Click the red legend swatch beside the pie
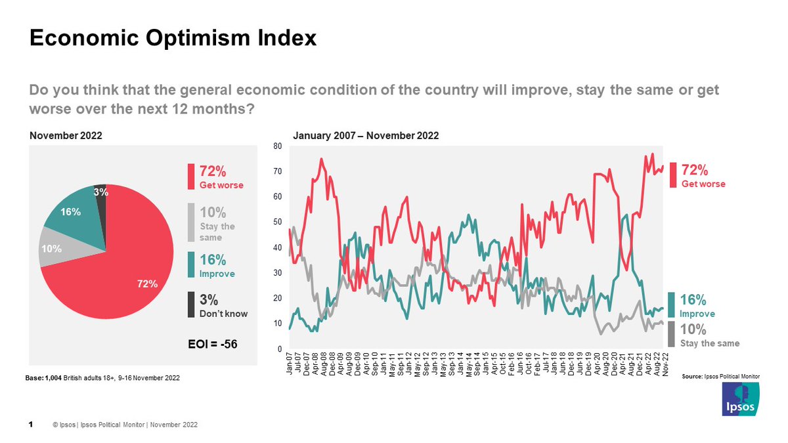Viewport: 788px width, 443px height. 192,176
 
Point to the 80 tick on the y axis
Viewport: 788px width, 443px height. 278,146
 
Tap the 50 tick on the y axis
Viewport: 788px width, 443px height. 278,222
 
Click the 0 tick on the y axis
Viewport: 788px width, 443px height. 280,348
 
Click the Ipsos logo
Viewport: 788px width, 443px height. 741,399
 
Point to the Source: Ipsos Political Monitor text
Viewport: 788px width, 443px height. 720,376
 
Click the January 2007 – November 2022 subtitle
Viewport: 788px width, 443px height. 365,136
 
